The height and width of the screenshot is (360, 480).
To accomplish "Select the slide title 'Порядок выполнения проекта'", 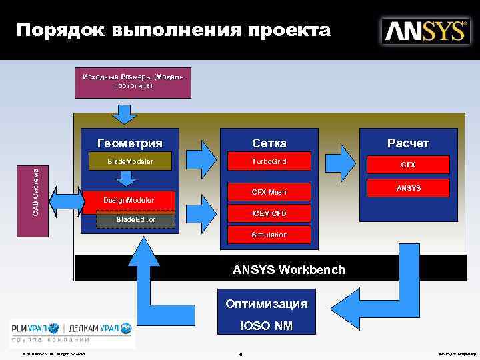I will tap(173, 30).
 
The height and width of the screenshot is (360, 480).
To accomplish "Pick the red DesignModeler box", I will tap(128, 200).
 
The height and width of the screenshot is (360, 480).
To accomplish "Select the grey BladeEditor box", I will tap(135, 219).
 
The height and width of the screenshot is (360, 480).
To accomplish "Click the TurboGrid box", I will tap(269, 161).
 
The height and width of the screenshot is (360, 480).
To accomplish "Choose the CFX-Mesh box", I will tap(269, 192).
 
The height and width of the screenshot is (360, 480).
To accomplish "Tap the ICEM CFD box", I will tap(269, 213).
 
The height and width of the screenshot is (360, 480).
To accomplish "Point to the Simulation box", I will tap(269, 235).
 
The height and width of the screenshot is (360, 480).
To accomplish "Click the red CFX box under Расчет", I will tap(407, 164).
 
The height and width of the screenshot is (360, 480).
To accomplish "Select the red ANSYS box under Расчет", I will tap(408, 188).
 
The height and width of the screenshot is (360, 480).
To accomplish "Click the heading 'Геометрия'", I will tap(130, 143).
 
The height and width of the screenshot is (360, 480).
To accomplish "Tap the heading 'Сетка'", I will tap(269, 143).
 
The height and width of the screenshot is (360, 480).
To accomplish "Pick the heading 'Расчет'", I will tap(408, 143).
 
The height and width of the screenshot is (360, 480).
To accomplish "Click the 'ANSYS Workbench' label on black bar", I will tap(289, 270).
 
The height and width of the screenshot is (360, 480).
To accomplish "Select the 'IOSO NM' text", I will tap(266, 327).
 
